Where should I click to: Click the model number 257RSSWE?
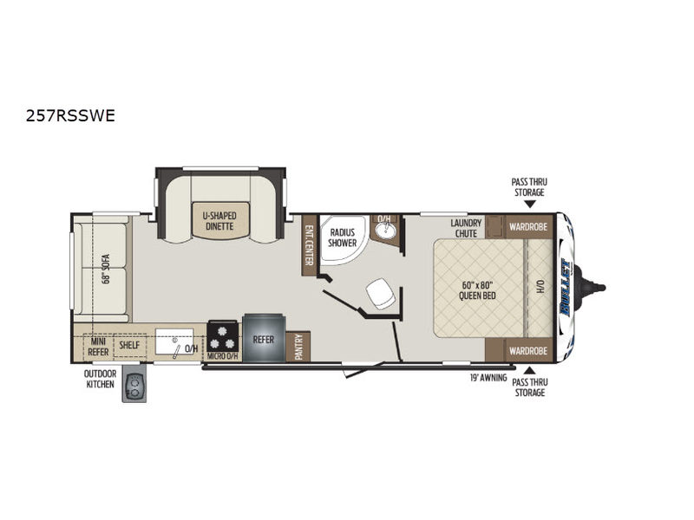(70, 116)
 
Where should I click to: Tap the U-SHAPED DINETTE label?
(220, 221)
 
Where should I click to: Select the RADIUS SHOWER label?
(342, 237)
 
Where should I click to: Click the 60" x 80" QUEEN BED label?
(477, 290)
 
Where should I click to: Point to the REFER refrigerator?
(263, 338)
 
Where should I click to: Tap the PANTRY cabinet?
(298, 347)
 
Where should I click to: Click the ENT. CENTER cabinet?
(309, 245)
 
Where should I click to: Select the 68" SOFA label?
(105, 269)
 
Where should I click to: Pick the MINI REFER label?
(98, 347)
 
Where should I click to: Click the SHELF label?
(129, 345)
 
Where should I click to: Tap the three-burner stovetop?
(223, 336)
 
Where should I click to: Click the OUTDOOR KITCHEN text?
(100, 379)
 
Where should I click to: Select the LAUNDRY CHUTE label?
(466, 228)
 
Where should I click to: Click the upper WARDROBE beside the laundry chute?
(528, 227)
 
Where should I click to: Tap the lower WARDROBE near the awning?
(528, 351)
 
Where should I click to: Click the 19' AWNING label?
(488, 378)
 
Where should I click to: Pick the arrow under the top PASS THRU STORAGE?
(530, 204)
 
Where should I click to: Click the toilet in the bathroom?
(381, 293)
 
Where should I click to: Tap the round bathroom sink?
(384, 230)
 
